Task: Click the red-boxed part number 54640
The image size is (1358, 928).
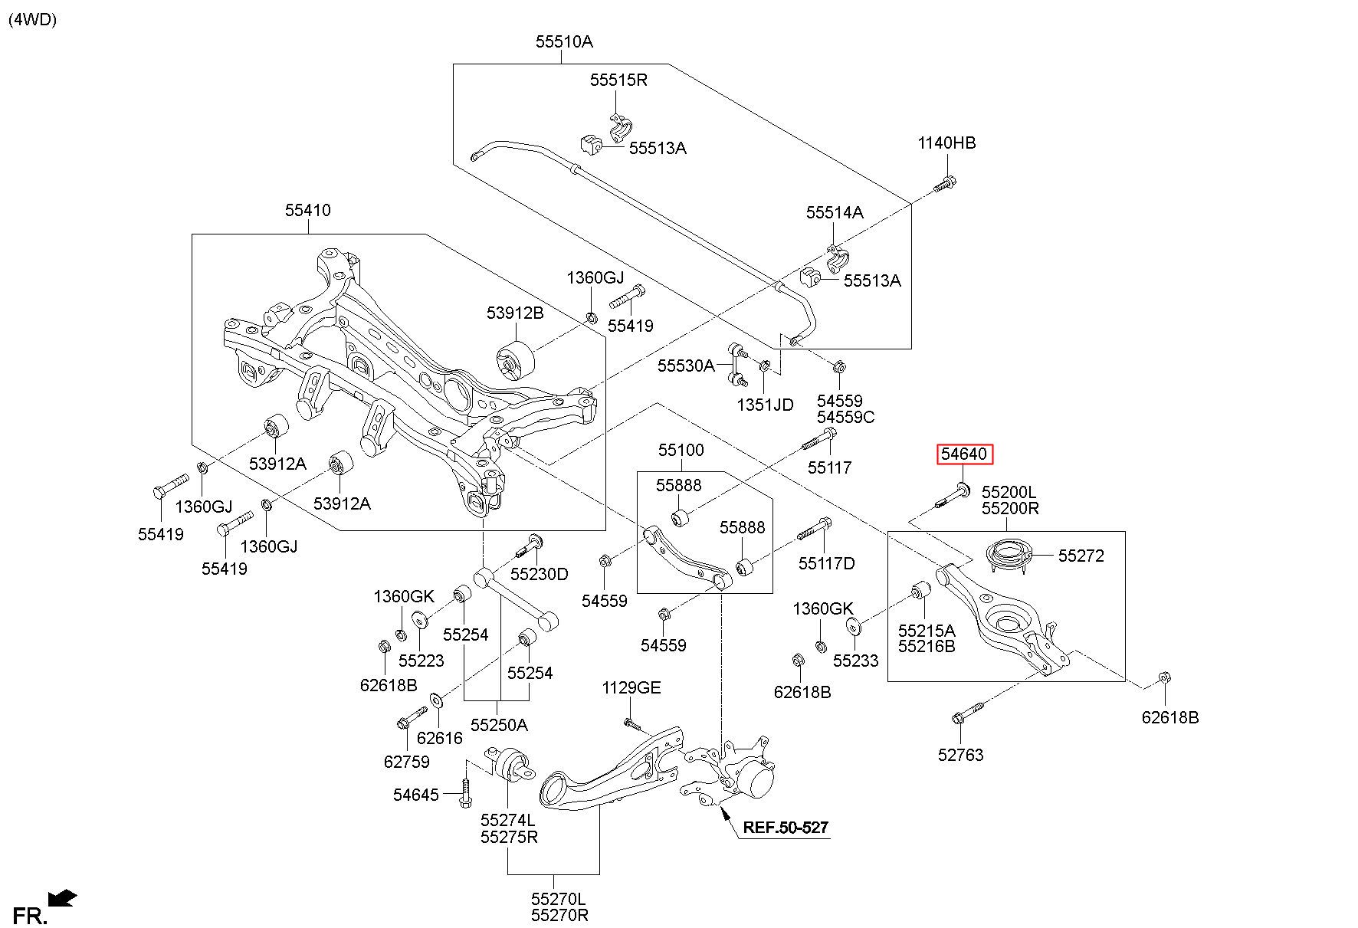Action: [x=964, y=454]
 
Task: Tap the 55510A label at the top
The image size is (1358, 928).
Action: [x=564, y=42]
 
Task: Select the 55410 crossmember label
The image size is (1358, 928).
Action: [x=308, y=210]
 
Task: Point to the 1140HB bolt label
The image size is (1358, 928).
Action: [x=947, y=143]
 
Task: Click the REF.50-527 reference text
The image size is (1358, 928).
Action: [x=786, y=828]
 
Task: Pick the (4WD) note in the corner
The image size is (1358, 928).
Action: [x=33, y=20]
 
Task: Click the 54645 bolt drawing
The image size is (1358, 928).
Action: [x=465, y=785]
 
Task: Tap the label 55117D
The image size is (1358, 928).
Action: [x=826, y=564]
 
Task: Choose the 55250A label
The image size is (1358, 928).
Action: [x=499, y=725]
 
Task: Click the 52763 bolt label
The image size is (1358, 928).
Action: [x=960, y=756]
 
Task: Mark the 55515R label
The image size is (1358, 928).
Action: [x=618, y=80]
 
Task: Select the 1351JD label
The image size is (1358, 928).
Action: [x=766, y=405]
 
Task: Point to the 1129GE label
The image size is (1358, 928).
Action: [x=631, y=688]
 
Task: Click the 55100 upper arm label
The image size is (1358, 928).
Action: [x=681, y=451]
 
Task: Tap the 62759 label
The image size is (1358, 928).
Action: [x=406, y=762]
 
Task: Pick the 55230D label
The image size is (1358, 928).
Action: [x=540, y=575]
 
